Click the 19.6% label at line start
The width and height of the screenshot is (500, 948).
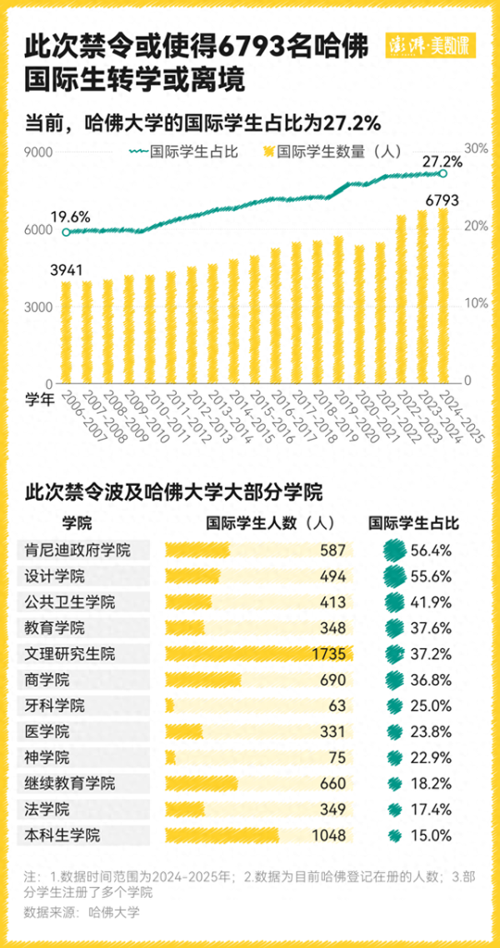[70, 217]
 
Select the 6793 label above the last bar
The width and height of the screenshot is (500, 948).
[442, 200]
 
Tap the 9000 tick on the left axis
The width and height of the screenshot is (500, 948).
[38, 152]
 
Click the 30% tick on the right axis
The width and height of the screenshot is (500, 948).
[476, 148]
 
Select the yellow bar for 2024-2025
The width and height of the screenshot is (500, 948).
[443, 296]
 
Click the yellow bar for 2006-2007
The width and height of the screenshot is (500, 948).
[66, 332]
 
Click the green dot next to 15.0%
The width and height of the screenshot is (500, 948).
[394, 835]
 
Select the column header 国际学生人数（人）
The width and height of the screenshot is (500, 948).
[269, 523]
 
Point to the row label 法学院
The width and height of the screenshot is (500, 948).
[48, 809]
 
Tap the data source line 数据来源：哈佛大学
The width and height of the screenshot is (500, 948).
[82, 911]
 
